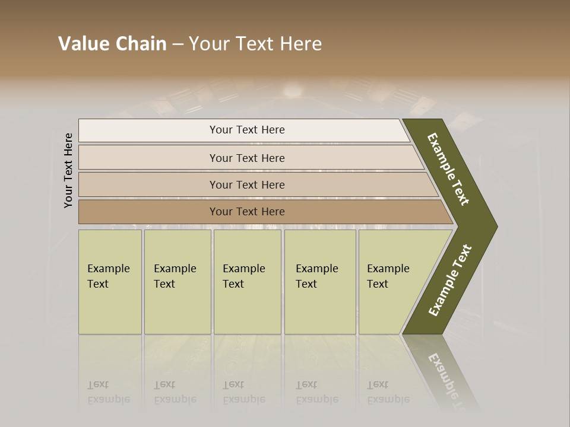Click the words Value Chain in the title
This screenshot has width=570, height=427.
(112, 44)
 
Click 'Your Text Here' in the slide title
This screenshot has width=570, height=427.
(255, 44)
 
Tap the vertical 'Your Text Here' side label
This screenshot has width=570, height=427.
(69, 171)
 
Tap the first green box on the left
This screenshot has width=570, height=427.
(110, 282)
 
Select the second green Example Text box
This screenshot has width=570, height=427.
(178, 282)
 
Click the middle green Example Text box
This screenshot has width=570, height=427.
(247, 282)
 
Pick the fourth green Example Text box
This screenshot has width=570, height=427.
(320, 282)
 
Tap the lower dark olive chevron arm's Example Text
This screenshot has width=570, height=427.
(450, 281)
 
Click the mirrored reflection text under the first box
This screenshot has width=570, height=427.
(108, 392)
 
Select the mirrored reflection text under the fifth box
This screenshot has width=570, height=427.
(388, 392)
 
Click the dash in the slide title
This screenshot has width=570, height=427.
(178, 44)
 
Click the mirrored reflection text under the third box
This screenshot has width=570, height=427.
(243, 392)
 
